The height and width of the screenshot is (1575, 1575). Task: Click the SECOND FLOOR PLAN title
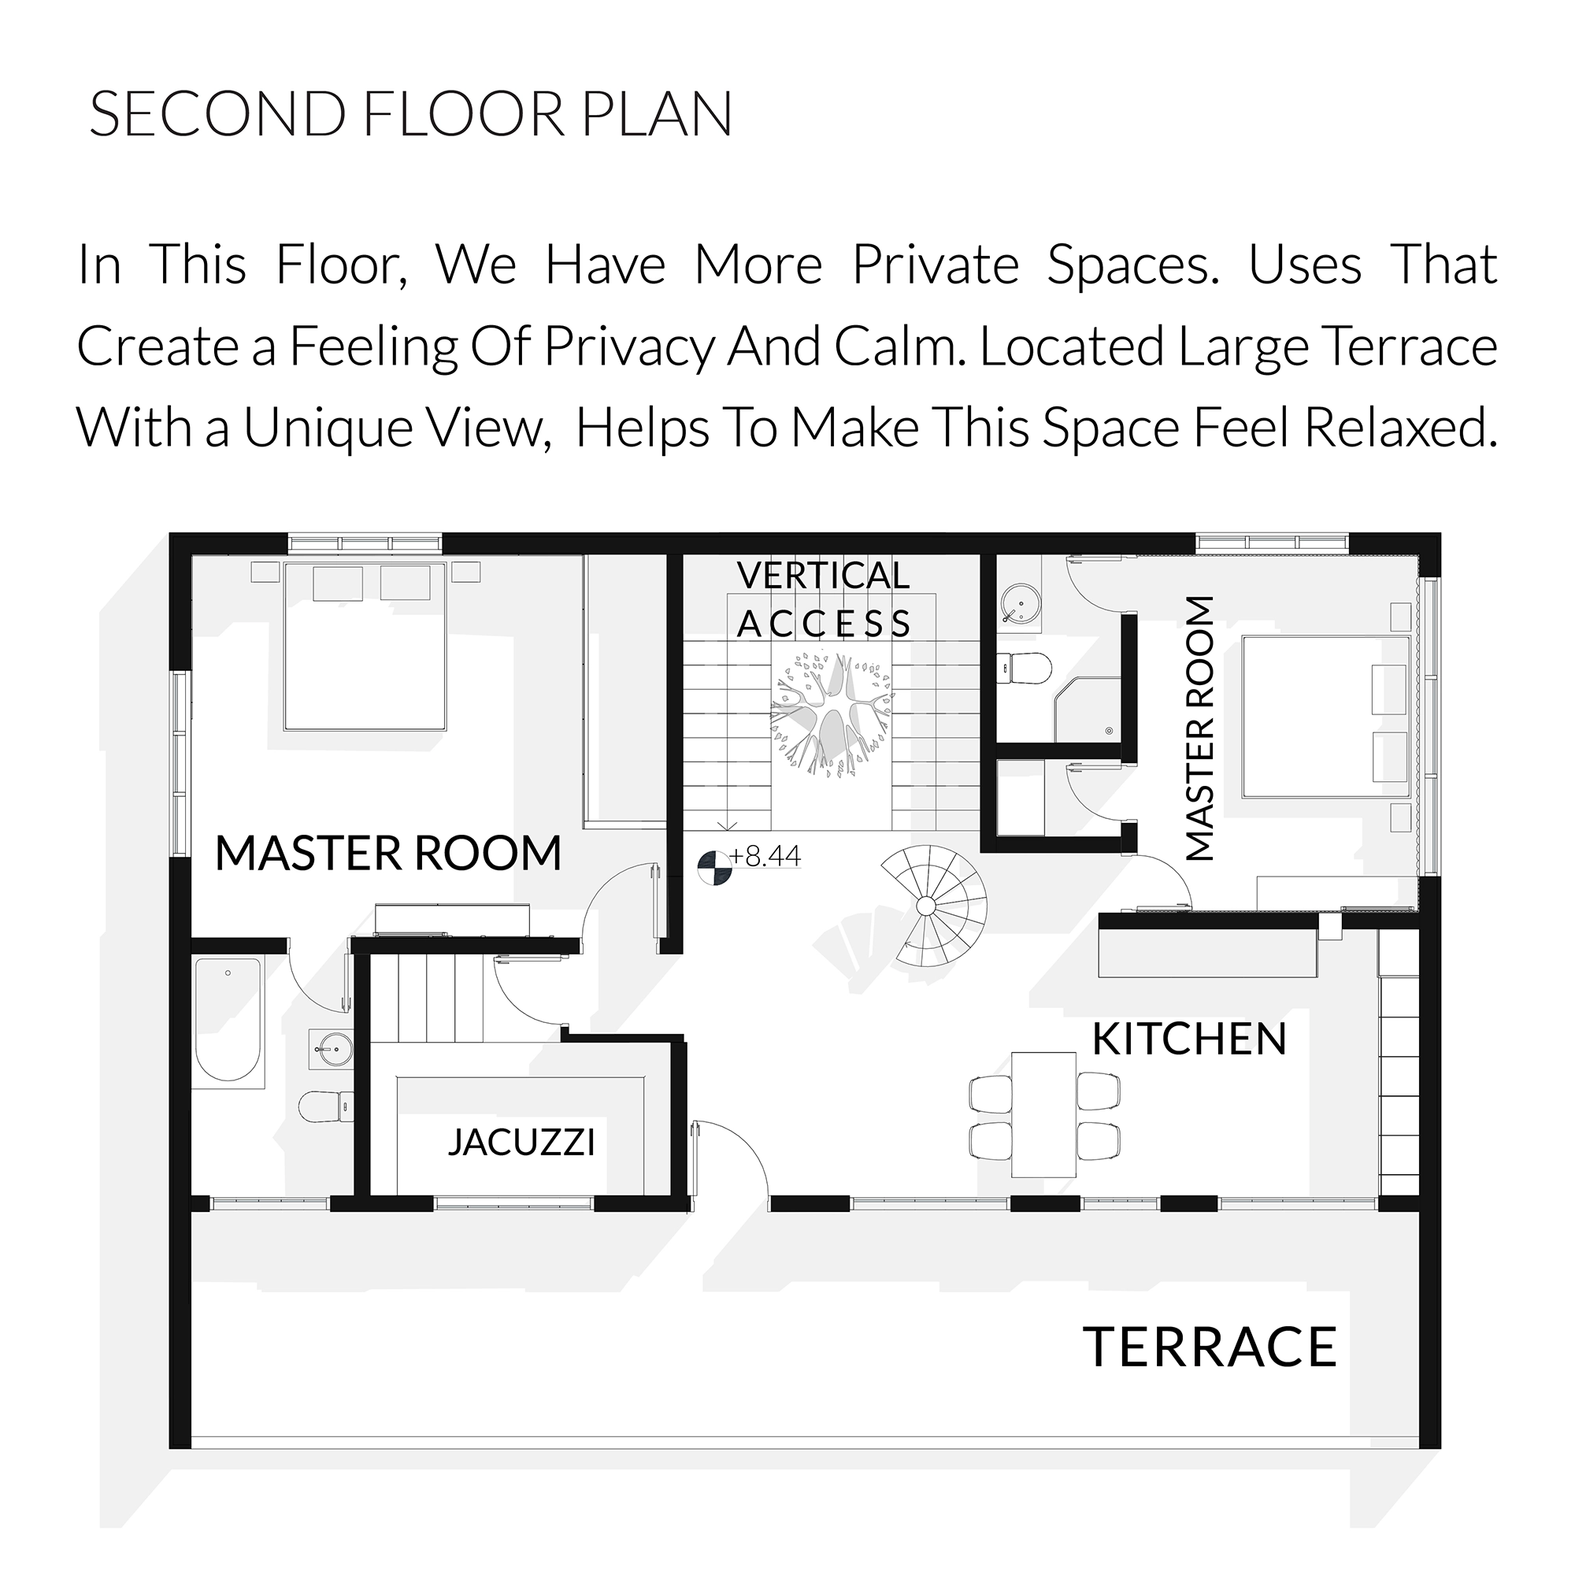pos(411,114)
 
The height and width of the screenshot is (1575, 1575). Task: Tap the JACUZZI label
pos(522,1142)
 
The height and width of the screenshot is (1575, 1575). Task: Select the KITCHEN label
pos(1189,1039)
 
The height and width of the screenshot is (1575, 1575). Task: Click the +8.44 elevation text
pos(765,856)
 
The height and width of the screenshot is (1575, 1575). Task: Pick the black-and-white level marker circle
pos(714,866)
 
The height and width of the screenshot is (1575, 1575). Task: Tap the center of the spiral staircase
pos(925,906)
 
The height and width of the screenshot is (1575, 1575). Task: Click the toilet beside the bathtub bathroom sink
pos(326,1107)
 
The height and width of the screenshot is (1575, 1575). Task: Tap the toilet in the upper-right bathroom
pos(1025,669)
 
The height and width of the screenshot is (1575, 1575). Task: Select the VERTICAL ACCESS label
pos(824,600)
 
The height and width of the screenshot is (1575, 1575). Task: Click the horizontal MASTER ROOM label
pos(388,853)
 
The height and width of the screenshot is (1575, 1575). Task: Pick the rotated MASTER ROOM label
pos(1199,728)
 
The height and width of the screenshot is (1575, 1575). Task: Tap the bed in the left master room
pos(365,646)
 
